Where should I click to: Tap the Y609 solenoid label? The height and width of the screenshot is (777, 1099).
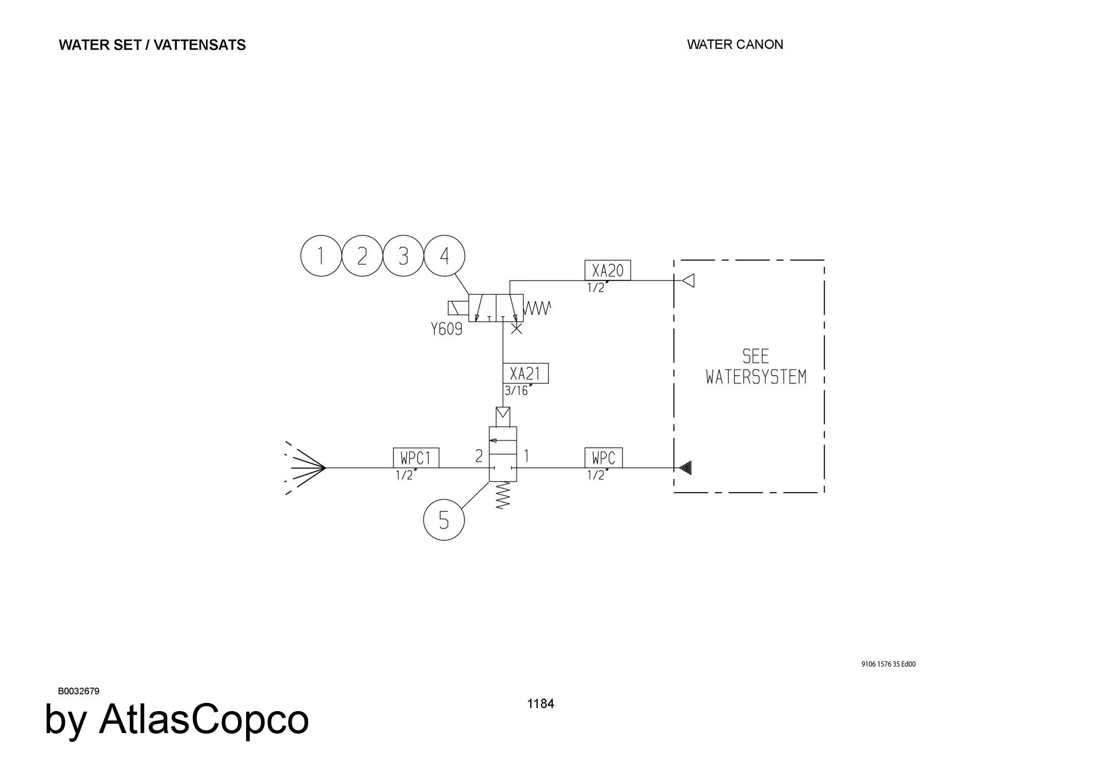click(x=447, y=329)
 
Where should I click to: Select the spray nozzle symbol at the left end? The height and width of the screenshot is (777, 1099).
click(x=305, y=468)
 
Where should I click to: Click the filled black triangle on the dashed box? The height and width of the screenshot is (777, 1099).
click(x=685, y=468)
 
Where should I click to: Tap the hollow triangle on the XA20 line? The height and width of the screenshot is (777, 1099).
click(x=688, y=281)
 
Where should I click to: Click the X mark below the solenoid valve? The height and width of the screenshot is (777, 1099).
click(x=517, y=329)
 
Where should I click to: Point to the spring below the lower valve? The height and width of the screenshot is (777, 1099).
click(x=503, y=496)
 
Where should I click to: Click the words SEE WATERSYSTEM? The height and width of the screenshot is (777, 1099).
click(x=756, y=367)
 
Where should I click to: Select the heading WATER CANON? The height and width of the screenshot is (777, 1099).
click(x=735, y=44)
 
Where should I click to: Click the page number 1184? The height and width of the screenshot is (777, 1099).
click(x=541, y=704)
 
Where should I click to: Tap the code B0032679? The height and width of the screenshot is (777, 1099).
click(x=79, y=691)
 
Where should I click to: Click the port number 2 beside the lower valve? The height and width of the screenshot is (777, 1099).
click(x=479, y=456)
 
